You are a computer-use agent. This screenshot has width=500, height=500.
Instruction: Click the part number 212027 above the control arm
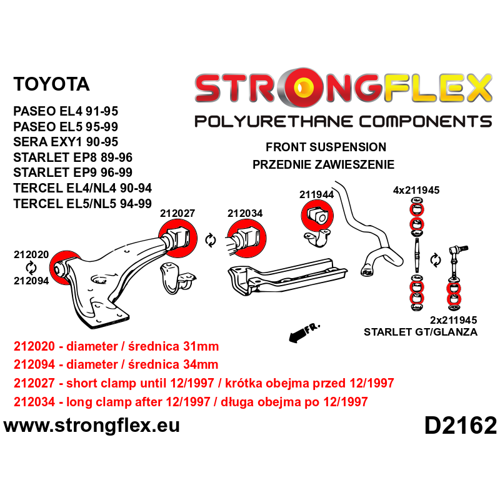pyautogui.click(x=177, y=212)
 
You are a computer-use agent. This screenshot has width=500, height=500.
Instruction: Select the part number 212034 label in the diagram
pyautogui.click(x=244, y=212)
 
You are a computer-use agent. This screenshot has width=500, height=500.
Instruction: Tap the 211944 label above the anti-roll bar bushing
pyautogui.click(x=316, y=194)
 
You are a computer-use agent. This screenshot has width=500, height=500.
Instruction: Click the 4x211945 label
pyautogui.click(x=416, y=190)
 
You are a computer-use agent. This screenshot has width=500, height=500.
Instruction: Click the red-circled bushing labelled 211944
pyautogui.click(x=316, y=216)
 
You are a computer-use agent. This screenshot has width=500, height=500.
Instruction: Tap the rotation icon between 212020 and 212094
pyautogui.click(x=31, y=267)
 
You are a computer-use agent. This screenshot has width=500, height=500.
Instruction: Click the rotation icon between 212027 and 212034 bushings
pyautogui.click(x=210, y=239)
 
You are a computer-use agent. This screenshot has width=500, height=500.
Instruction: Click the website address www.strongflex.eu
pyautogui.click(x=92, y=426)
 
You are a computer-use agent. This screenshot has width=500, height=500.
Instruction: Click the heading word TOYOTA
pyautogui.click(x=51, y=84)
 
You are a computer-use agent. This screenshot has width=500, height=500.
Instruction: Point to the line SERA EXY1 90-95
pyautogui.click(x=66, y=142)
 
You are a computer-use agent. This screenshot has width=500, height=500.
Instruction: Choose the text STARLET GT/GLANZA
pyautogui.click(x=420, y=332)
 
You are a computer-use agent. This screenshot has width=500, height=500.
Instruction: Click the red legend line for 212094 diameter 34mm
pyautogui.click(x=116, y=365)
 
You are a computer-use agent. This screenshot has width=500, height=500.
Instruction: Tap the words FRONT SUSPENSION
pyautogui.click(x=326, y=147)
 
